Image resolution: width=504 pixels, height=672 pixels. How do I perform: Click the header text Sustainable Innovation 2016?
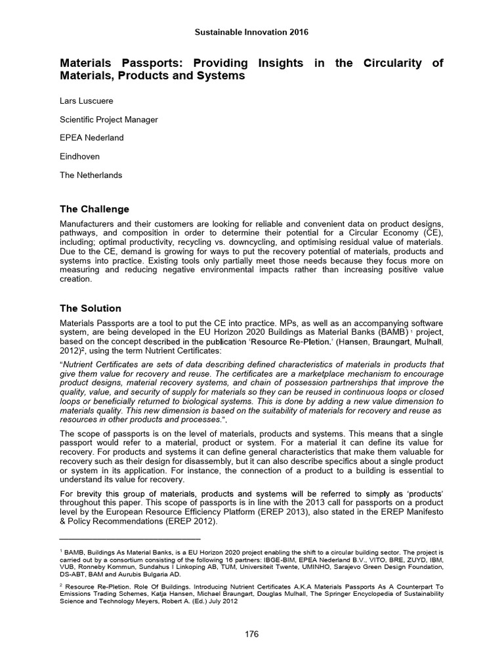tap(252, 31)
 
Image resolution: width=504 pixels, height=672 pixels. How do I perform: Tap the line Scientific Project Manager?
tap(109, 119)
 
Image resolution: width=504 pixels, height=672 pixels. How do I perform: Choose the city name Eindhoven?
tap(81, 157)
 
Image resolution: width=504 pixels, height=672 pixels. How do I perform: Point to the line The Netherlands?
tap(91, 175)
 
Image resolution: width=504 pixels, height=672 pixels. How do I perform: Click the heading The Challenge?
tap(94, 209)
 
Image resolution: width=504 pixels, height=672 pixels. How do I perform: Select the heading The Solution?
tap(91, 308)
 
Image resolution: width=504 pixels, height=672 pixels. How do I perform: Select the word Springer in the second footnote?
tap(299, 593)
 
